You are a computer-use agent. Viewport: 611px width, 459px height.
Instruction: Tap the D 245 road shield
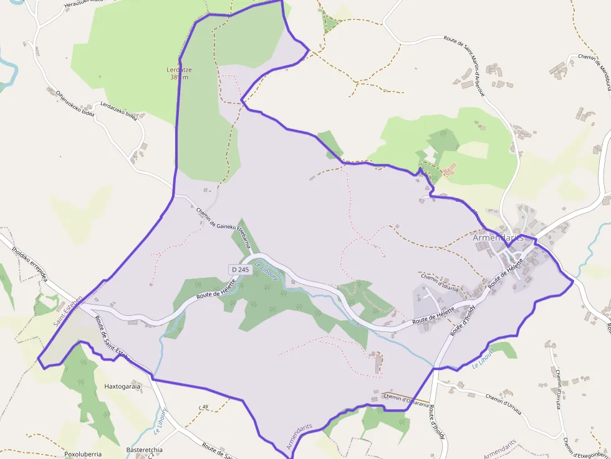[x=239, y=270]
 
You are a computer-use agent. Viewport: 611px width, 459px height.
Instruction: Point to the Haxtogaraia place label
[x=122, y=386]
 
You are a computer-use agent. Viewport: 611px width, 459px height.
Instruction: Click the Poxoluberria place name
[x=83, y=454]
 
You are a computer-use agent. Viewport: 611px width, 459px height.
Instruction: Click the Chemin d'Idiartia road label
[x=440, y=282]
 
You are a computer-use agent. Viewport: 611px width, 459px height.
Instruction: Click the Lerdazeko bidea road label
[x=118, y=110]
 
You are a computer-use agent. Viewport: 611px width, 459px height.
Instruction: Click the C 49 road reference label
[x=203, y=407]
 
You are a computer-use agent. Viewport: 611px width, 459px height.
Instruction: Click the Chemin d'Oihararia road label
[x=407, y=400]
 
